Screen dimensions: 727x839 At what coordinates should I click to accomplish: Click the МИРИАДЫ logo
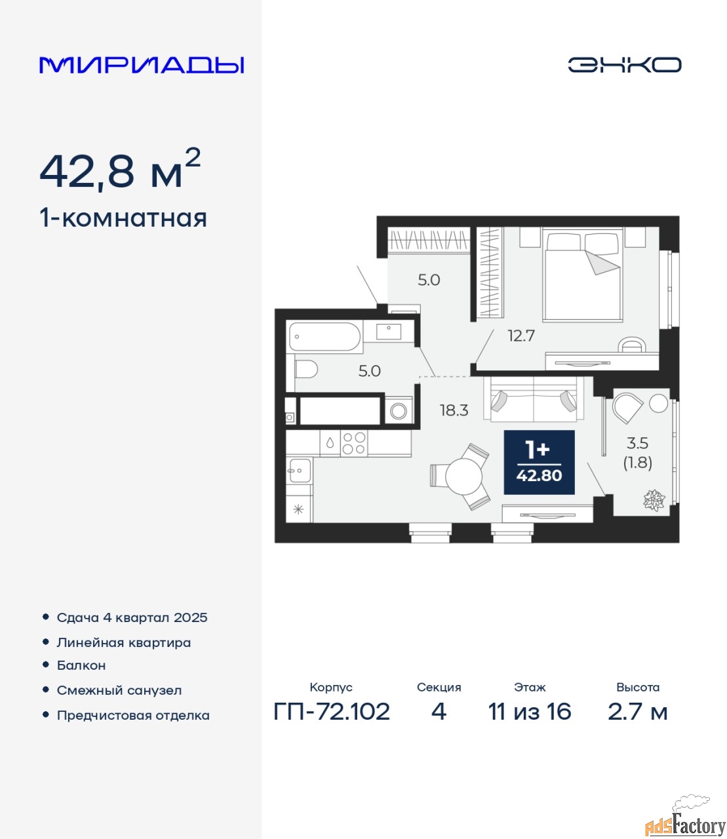(x=142, y=65)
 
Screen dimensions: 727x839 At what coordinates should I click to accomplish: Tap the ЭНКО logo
(x=624, y=65)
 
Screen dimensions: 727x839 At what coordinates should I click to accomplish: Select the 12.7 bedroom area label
(x=521, y=336)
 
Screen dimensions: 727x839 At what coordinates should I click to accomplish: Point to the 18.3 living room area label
(x=454, y=410)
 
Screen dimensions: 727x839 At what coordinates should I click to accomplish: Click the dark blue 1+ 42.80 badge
(x=539, y=462)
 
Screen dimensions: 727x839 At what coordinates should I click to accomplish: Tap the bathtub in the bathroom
(x=324, y=336)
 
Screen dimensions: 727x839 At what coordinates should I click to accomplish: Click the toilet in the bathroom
(x=306, y=370)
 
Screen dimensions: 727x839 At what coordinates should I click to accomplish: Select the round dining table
(x=463, y=476)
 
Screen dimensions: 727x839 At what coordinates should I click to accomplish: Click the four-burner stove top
(x=354, y=443)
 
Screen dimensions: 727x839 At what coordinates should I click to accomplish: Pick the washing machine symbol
(x=398, y=411)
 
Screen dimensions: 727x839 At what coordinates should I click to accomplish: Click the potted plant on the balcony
(x=654, y=500)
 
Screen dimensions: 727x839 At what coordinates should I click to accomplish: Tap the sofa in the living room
(x=534, y=399)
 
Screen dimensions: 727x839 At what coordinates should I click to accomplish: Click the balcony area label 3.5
(x=637, y=443)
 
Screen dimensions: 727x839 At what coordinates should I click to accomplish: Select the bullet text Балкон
(x=81, y=665)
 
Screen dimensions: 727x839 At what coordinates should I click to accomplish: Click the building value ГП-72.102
(x=332, y=712)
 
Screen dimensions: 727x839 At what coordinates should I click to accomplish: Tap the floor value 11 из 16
(x=530, y=712)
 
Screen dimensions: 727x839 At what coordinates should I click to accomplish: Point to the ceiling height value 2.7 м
(x=638, y=712)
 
